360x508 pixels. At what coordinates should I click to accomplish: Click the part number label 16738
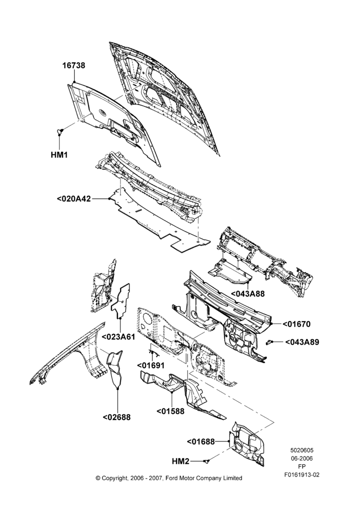[x=74, y=66]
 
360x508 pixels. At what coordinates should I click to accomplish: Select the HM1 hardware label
[x=59, y=155]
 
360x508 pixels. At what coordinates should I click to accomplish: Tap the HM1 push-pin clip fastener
[x=59, y=131]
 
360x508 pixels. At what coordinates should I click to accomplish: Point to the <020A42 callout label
[x=74, y=199]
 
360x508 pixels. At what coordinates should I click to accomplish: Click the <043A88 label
[x=248, y=294]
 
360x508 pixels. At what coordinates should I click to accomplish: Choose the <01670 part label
[x=296, y=324]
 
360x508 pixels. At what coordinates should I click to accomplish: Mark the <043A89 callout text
[x=302, y=342]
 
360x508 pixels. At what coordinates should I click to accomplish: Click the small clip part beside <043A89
[x=268, y=342]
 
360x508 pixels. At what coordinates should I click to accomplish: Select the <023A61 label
[x=118, y=337]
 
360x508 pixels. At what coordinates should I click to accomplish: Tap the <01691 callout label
[x=151, y=365]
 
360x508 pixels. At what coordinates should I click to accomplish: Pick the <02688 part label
[x=117, y=417]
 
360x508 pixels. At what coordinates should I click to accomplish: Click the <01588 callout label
[x=170, y=411]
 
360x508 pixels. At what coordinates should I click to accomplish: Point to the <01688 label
[x=201, y=441]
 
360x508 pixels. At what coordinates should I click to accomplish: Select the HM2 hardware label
[x=181, y=461]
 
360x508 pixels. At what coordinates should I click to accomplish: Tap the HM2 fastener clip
[x=207, y=461]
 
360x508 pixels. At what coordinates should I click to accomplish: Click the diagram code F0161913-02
[x=302, y=475]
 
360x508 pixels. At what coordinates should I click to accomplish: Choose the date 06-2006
[x=302, y=458]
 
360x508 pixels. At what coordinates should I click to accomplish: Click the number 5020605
[x=302, y=450]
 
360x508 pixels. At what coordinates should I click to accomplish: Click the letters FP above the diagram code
[x=302, y=466]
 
